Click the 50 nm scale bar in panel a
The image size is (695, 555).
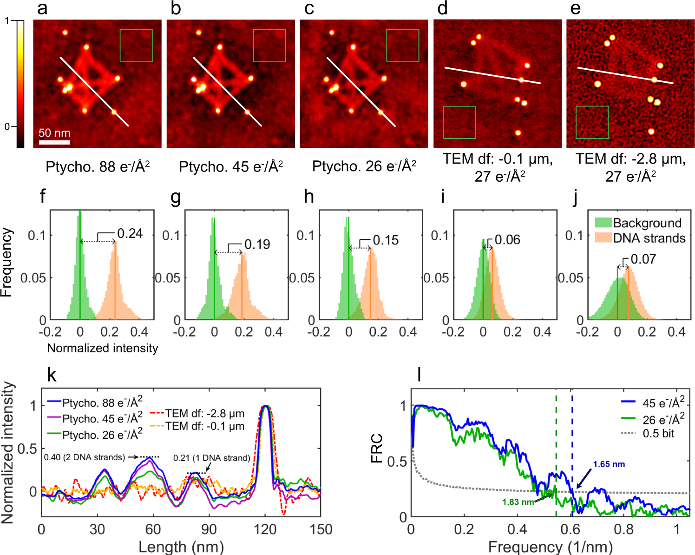tap(54, 142)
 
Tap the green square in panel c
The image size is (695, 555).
tap(402, 46)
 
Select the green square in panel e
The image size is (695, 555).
tap(592, 122)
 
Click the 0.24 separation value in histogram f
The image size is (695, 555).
tap(130, 233)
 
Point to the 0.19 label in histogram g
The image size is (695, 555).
tap(257, 244)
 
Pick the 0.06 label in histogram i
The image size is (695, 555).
tap(507, 240)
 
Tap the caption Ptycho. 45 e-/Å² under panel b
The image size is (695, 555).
tap(231, 166)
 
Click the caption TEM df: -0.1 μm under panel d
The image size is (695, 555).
tap(498, 159)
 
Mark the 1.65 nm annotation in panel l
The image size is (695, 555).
tap(609, 464)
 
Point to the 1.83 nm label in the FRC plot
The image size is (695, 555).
tap(518, 502)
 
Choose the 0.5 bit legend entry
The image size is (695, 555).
tap(658, 434)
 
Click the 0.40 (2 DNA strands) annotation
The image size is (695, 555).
tap(85, 457)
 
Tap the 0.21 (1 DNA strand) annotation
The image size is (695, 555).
tap(212, 458)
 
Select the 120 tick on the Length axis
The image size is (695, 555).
tap(265, 529)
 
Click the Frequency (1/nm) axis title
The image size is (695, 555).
tap(551, 547)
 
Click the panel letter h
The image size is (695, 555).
tap(309, 197)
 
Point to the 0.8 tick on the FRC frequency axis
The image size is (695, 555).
tap(623, 529)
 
